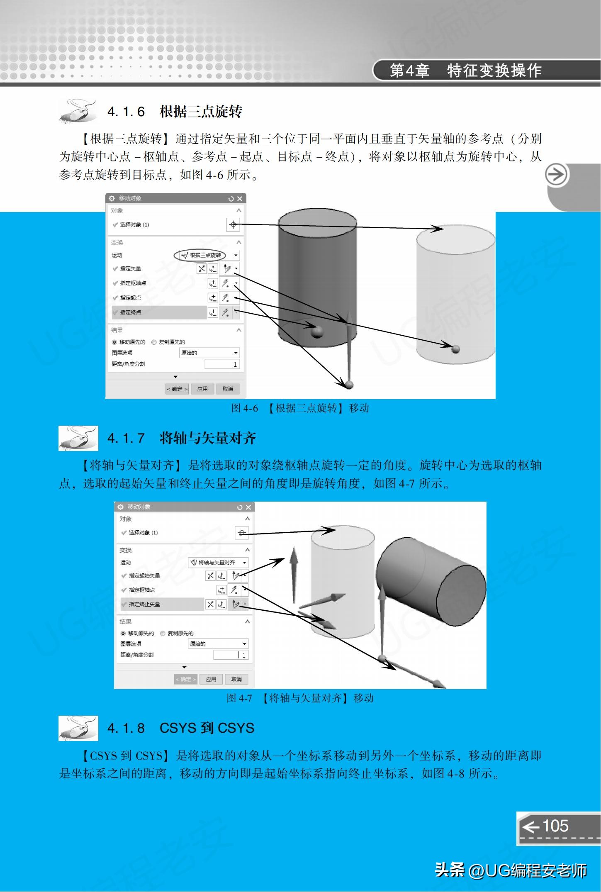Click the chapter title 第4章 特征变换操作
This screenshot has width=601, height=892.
click(x=465, y=71)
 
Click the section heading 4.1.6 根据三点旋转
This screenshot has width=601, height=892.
click(x=175, y=112)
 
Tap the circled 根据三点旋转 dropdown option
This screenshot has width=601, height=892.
click(x=201, y=255)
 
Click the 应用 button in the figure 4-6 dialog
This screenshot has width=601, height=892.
click(x=202, y=389)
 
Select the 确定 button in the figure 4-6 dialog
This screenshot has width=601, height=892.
click(x=177, y=389)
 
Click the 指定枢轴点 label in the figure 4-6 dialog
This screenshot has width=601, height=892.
click(x=133, y=283)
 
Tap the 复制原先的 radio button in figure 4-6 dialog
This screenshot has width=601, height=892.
click(x=154, y=342)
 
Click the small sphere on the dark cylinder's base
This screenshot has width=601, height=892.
click(x=317, y=331)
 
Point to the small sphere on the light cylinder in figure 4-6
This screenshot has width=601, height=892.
click(x=456, y=349)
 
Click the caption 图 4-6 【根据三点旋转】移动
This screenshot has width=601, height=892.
click(x=300, y=408)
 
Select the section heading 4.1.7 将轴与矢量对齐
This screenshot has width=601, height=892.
click(x=181, y=438)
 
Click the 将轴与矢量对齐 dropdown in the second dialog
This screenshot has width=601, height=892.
click(x=218, y=563)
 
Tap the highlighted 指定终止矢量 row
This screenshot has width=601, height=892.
click(x=162, y=604)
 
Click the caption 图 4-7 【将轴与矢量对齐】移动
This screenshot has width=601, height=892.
click(x=300, y=698)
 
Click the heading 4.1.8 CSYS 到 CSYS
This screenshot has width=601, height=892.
click(x=180, y=728)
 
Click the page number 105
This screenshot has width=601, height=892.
click(x=555, y=826)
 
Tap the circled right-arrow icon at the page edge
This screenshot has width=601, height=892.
click(x=556, y=175)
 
